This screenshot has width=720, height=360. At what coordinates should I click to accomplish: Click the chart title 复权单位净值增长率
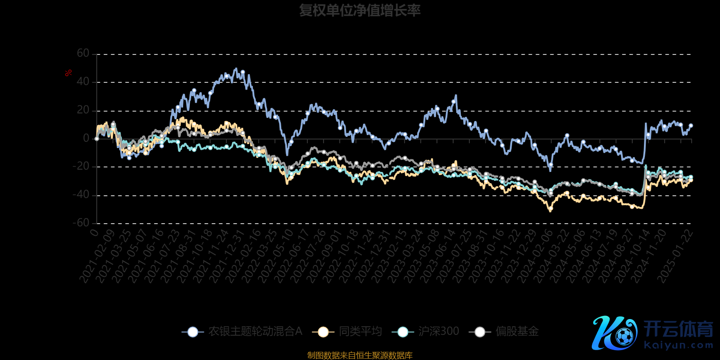[360, 10]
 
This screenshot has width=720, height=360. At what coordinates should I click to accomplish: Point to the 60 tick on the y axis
[83, 54]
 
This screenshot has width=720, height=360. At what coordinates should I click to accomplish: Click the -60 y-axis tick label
[81, 223]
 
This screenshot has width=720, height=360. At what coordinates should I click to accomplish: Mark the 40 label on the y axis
[83, 82]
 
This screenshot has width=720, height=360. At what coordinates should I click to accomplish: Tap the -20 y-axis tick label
[81, 166]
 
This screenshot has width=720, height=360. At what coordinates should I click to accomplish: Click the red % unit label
[68, 73]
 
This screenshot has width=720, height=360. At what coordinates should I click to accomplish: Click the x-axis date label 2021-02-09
[97, 256]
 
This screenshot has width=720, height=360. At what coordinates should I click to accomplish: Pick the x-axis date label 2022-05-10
[275, 256]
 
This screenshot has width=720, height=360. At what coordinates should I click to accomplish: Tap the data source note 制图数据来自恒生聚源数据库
[360, 355]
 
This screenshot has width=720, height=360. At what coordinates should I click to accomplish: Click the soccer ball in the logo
[624, 336]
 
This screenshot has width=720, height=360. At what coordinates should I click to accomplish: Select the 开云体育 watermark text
[678, 329]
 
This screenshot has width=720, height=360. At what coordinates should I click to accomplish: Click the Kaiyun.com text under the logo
[678, 346]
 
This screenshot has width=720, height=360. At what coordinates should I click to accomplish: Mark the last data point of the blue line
[691, 126]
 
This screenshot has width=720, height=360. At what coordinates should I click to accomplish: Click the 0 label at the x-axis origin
[94, 233]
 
